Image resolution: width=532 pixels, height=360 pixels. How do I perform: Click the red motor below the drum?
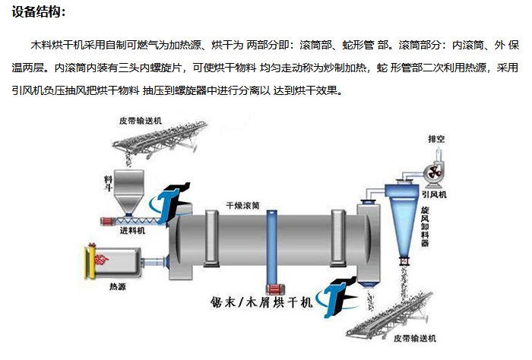click(x=272, y=290)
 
